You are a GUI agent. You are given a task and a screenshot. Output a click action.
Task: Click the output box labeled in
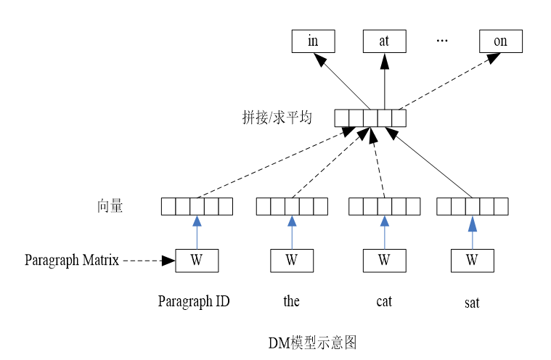click(x=313, y=41)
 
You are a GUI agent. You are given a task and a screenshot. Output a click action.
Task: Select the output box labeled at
click(x=384, y=41)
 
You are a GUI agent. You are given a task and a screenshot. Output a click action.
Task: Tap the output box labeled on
click(x=500, y=41)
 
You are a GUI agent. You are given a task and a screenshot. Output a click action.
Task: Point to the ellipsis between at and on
click(x=442, y=41)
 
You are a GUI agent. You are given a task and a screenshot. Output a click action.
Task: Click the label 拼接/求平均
click(x=277, y=118)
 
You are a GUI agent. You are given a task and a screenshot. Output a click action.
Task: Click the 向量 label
click(x=110, y=206)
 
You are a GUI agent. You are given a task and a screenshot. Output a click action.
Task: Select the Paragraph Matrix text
click(x=71, y=259)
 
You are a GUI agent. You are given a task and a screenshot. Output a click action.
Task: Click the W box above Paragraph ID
click(x=196, y=260)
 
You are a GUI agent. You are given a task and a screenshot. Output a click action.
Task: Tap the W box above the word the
click(x=292, y=260)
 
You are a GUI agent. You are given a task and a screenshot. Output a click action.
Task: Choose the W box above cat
click(x=384, y=260)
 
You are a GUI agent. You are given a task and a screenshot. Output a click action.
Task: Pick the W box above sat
click(x=472, y=260)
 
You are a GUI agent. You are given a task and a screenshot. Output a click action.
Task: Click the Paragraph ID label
click(x=194, y=301)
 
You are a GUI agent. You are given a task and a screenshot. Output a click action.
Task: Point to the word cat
click(x=384, y=301)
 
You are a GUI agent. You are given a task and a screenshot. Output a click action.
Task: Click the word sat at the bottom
click(x=472, y=303)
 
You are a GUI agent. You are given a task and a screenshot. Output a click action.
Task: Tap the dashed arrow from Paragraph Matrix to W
click(x=148, y=260)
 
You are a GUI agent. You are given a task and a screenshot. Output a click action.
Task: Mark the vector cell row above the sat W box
click(x=472, y=206)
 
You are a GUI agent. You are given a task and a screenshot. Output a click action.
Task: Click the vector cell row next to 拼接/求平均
click(x=370, y=118)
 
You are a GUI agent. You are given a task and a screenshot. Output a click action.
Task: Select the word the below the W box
click(x=292, y=301)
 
